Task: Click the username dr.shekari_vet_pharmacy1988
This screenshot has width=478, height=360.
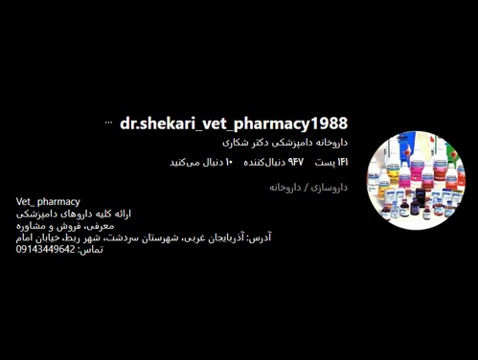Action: (x=234, y=124)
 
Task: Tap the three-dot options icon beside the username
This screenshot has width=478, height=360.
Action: (x=108, y=123)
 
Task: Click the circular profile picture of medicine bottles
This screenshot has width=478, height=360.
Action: (x=415, y=180)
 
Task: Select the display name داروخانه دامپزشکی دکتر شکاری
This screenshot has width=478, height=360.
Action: (x=285, y=142)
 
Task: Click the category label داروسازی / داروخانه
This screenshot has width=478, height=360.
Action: (x=307, y=188)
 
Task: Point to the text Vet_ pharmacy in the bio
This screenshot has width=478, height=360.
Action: (x=48, y=202)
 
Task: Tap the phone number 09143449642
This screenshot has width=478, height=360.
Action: (x=45, y=249)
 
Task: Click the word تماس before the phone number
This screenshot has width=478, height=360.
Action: (x=90, y=249)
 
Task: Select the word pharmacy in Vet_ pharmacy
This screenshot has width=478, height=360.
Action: (x=59, y=202)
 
